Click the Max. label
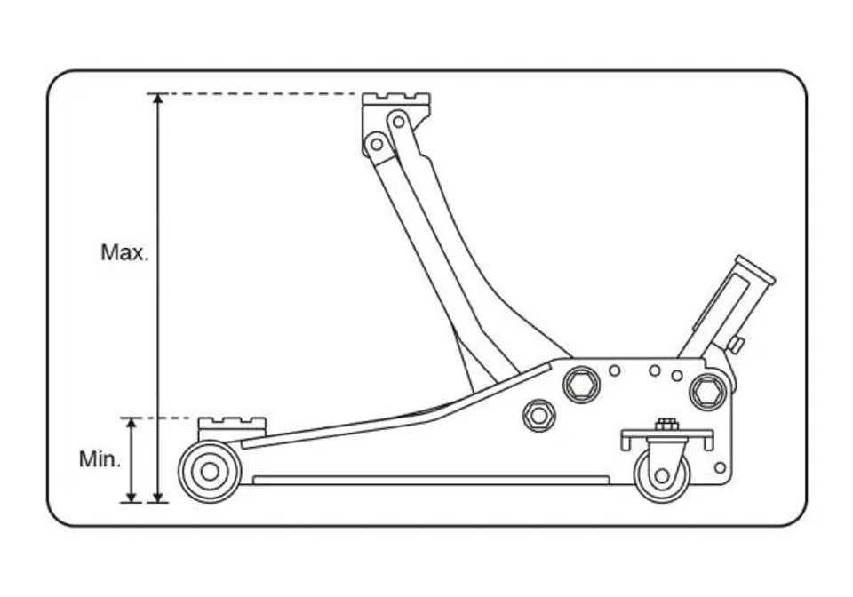[124, 252]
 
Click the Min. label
[100, 459]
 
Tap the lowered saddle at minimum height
[232, 428]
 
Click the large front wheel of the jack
[210, 472]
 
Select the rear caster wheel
[662, 476]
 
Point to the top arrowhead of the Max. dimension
[158, 99]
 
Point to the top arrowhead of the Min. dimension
[131, 423]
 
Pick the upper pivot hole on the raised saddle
[399, 121]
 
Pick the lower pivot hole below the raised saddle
[376, 145]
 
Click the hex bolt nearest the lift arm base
[581, 385]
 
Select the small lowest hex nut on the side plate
[539, 416]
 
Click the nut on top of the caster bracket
[666, 424]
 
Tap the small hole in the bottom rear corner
[721, 467]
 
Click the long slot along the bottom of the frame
[431, 480]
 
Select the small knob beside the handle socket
[736, 345]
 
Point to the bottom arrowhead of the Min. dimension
[131, 497]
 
